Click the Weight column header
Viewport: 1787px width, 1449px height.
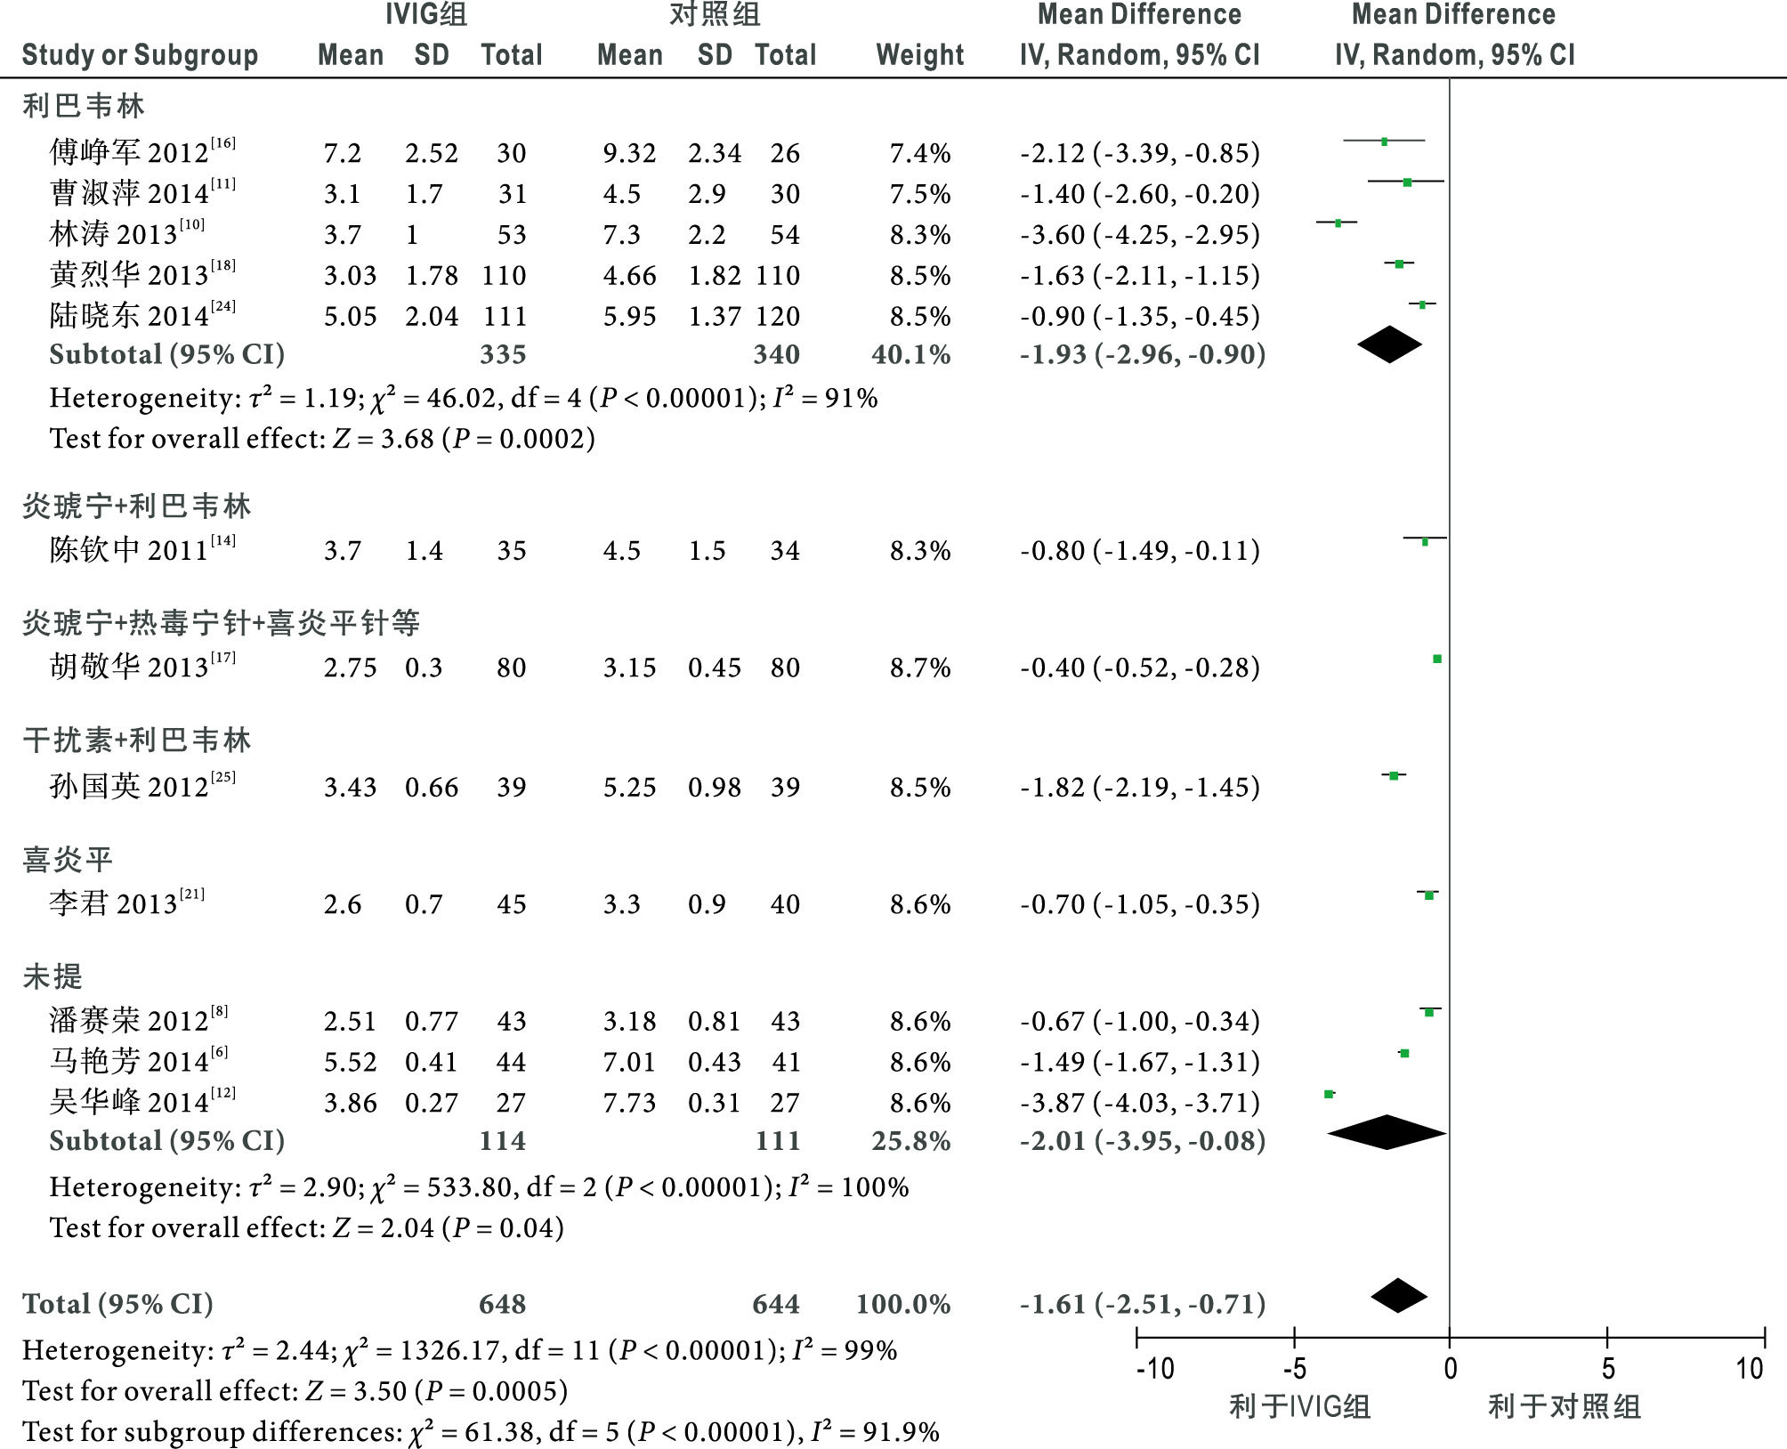(x=919, y=55)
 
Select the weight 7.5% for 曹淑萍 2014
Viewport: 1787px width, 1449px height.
(x=920, y=193)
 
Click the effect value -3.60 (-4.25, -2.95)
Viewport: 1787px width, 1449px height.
(x=1140, y=234)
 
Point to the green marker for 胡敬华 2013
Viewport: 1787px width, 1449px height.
(x=1436, y=659)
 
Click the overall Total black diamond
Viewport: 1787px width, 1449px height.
(x=1399, y=1296)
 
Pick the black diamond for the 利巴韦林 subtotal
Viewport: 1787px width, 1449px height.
(x=1389, y=344)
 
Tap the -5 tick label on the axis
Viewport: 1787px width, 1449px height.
(x=1294, y=1368)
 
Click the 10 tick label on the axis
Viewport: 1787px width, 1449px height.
(x=1749, y=1368)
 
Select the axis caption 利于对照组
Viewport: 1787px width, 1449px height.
(x=1564, y=1407)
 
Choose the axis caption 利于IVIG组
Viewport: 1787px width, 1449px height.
(x=1299, y=1407)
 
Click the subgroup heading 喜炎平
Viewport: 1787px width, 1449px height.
(x=68, y=859)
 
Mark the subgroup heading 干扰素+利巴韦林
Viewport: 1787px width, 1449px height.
(x=137, y=740)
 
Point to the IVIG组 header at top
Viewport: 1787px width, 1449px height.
(x=426, y=15)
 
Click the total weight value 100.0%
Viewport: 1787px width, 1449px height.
(x=903, y=1304)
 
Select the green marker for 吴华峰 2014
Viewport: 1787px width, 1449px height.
(x=1329, y=1094)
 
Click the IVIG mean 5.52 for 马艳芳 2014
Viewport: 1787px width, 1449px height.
(x=350, y=1062)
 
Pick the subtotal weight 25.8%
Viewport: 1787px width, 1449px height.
(x=911, y=1140)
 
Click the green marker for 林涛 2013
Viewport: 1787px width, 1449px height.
(x=1338, y=223)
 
